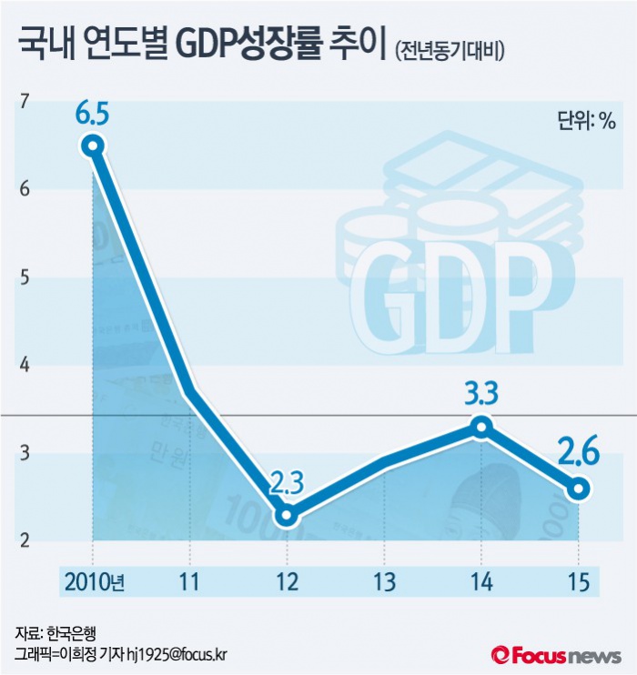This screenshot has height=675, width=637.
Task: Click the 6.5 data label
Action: click(x=93, y=116)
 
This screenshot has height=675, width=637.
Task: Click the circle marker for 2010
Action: click(x=93, y=146)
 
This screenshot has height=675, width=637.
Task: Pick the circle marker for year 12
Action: click(x=288, y=515)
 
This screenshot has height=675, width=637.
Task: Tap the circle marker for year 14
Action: click(x=482, y=426)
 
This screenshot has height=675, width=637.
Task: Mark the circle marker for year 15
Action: click(x=579, y=489)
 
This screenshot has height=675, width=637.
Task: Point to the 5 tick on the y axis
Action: click(x=25, y=277)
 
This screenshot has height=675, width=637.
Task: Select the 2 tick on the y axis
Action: click(x=25, y=541)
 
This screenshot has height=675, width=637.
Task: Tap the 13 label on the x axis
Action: click(x=385, y=581)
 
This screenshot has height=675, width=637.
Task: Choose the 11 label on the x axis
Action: click(x=190, y=581)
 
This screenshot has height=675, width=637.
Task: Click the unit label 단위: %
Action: click(x=586, y=120)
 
